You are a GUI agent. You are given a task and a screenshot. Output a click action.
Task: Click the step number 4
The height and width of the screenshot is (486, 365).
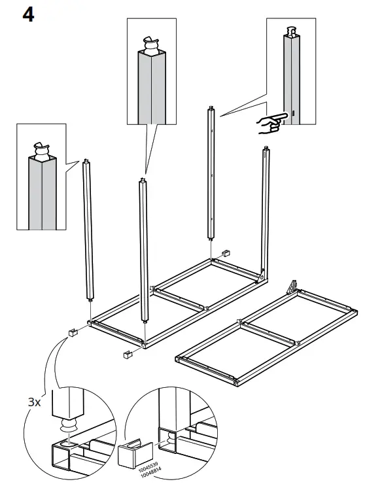coord(28,14)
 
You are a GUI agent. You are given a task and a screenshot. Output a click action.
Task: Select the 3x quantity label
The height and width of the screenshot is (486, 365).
coord(33,402)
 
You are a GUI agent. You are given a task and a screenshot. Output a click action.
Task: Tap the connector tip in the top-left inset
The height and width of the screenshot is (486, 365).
coord(43,150)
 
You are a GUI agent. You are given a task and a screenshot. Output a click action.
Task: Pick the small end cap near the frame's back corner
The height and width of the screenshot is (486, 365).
coord(227,252)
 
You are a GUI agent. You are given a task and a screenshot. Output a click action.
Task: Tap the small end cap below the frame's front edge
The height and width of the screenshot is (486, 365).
coord(126,355)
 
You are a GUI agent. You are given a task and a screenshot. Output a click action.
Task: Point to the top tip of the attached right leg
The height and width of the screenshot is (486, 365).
coord(266,150)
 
